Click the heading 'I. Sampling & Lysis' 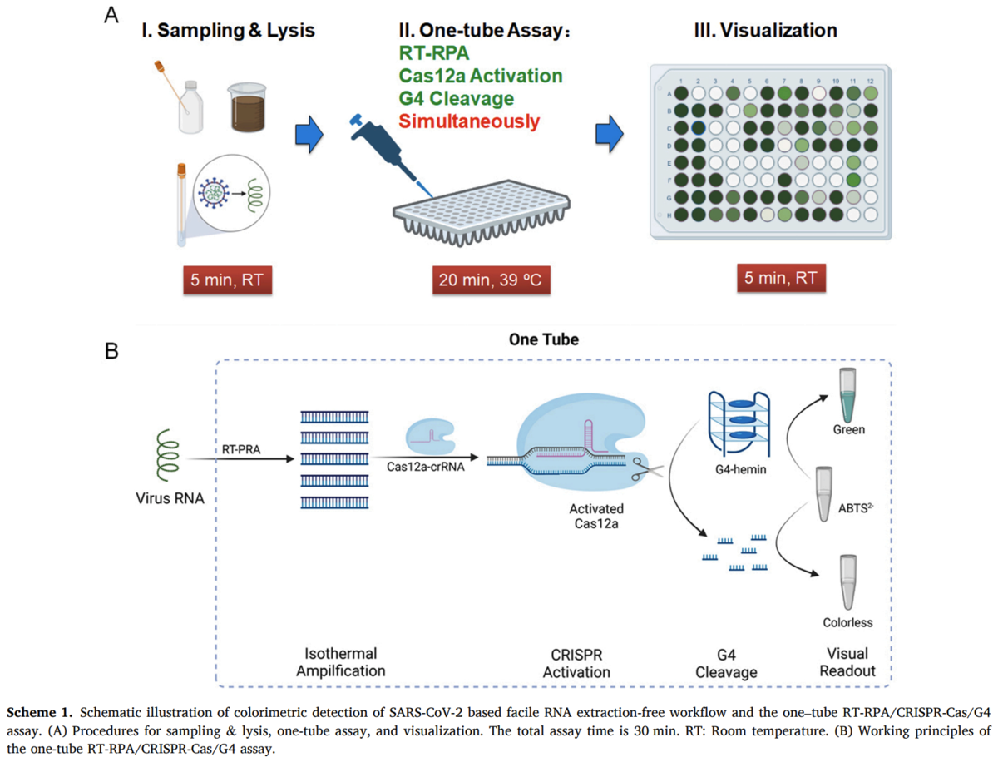[227, 32]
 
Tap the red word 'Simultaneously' [469, 121]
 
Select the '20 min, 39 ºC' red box [490, 280]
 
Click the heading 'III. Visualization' [765, 32]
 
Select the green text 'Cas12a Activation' [481, 76]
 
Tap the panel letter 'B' [111, 349]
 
